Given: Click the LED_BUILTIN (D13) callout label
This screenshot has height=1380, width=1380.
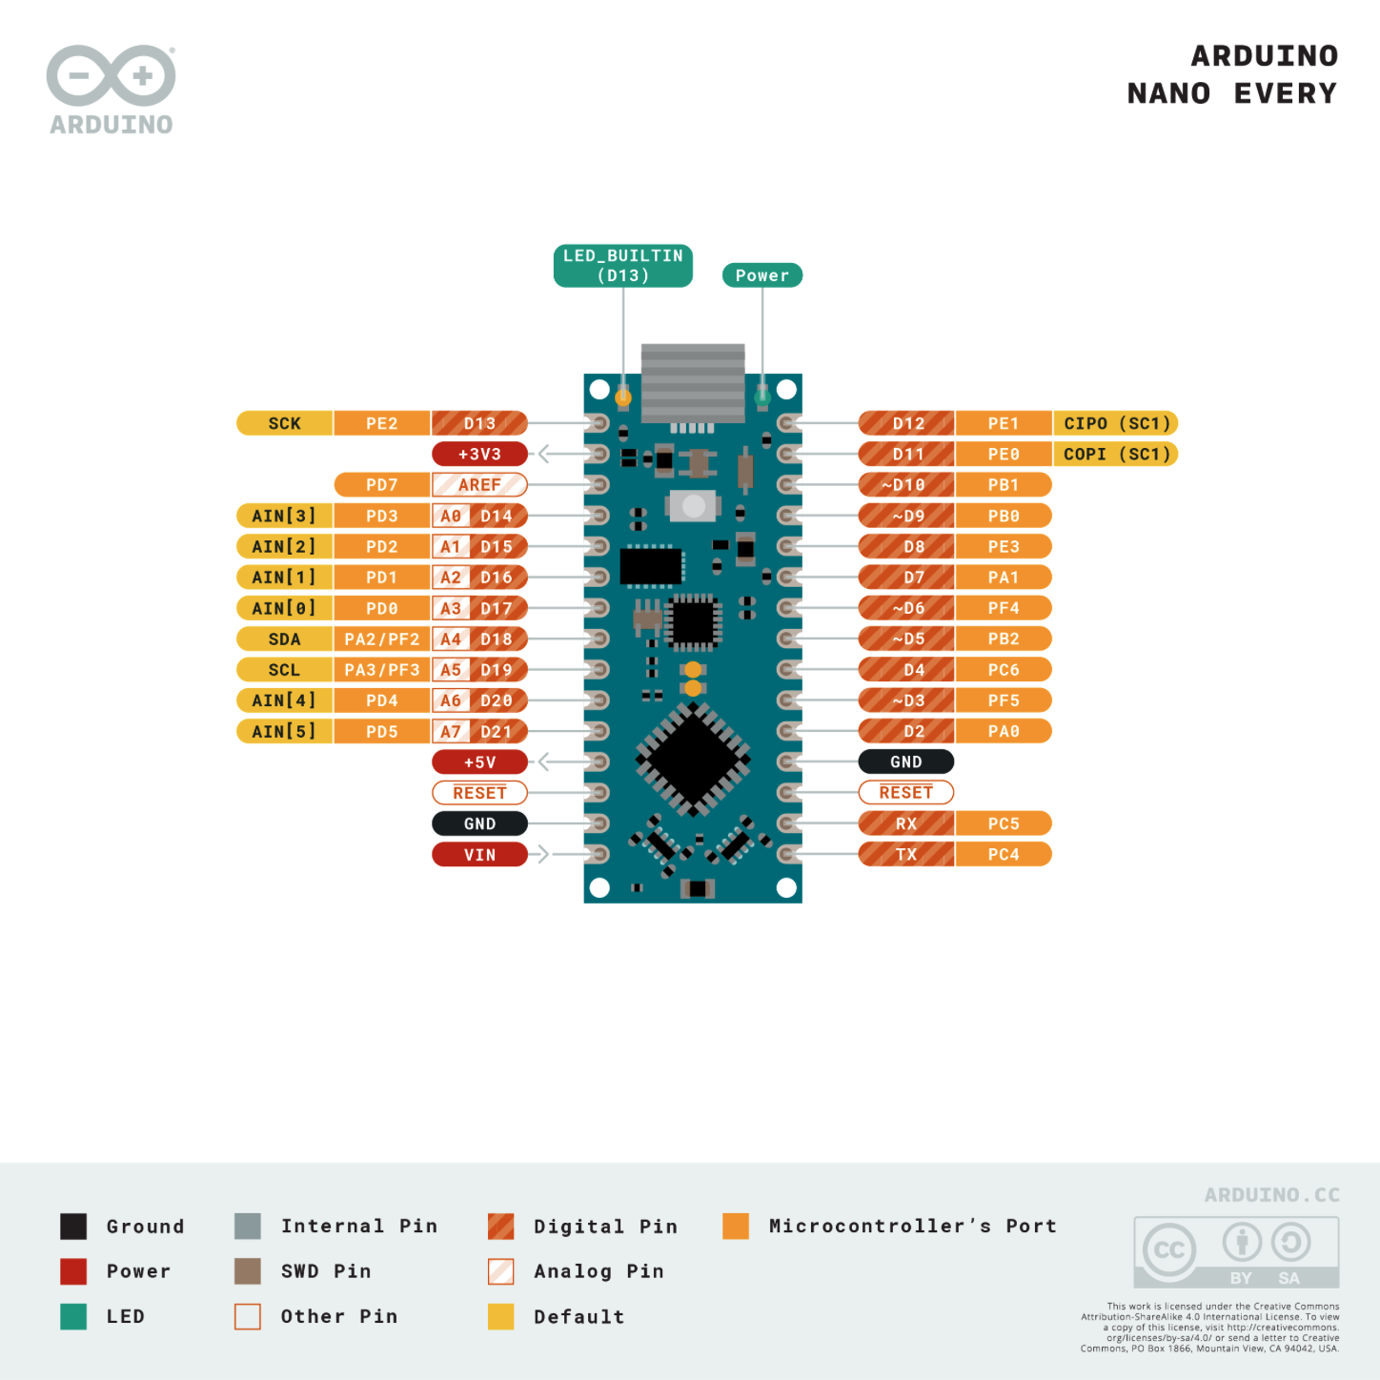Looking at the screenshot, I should [x=623, y=266].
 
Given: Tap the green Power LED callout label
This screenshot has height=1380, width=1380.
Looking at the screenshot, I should [x=762, y=275].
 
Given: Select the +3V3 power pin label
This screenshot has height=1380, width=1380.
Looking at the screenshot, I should [x=479, y=454].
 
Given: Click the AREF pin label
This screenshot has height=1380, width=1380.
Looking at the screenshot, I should [x=479, y=484].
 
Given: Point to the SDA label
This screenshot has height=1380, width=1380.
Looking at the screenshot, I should [x=284, y=639].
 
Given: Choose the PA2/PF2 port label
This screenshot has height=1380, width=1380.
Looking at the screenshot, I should [x=382, y=639].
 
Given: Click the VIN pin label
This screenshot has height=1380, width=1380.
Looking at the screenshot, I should [x=479, y=854].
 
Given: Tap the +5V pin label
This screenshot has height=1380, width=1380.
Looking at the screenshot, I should [x=479, y=761].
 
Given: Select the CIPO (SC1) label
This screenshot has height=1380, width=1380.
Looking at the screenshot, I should [x=1116, y=423].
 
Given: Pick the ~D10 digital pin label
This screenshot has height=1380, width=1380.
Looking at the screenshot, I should [x=906, y=484].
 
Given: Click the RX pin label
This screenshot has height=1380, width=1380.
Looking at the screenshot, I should [x=906, y=823].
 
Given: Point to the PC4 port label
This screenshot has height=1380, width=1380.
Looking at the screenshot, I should [x=1004, y=854].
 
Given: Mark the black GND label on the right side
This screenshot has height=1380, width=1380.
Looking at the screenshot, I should [x=906, y=761].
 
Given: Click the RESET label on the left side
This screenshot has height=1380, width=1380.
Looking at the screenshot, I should [x=479, y=792].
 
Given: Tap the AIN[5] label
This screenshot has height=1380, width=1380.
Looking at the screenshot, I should [x=284, y=731].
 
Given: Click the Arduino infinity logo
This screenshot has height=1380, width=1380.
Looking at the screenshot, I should [x=112, y=75].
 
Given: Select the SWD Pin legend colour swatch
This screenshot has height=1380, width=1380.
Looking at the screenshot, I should [x=248, y=1270].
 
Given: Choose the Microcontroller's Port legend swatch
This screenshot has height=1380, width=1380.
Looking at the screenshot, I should [x=736, y=1226].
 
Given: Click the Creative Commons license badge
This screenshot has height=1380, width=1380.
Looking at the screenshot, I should [x=1236, y=1251].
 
